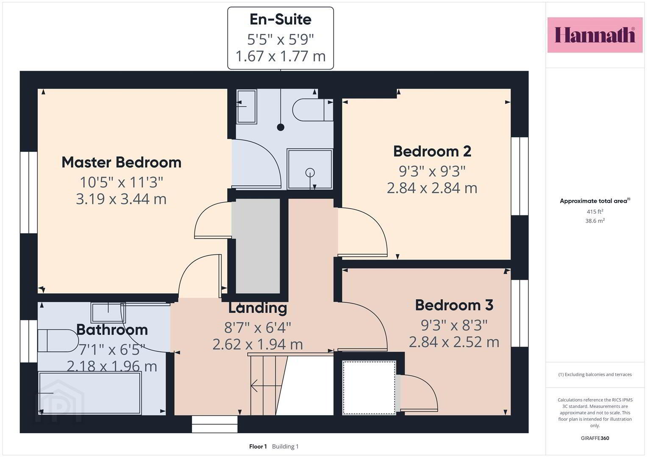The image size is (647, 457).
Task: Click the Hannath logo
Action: click(x=595, y=35)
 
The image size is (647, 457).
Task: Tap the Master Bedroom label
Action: click(x=121, y=162)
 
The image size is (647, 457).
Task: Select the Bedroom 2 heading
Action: click(x=432, y=151)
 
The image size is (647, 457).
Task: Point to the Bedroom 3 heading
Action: click(x=454, y=305)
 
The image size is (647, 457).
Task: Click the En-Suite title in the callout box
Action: click(x=280, y=19)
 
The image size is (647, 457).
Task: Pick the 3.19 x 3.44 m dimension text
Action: click(x=121, y=199)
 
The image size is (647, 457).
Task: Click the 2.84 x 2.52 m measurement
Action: click(x=454, y=342)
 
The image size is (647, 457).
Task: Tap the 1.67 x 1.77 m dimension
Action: click(x=280, y=56)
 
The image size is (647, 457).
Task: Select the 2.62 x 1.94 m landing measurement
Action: click(x=258, y=344)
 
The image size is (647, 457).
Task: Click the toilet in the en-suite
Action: click(x=313, y=110)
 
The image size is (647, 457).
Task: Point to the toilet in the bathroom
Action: click(x=58, y=341)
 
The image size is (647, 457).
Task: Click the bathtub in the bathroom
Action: click(x=90, y=393)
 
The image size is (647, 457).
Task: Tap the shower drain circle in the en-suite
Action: click(x=310, y=173)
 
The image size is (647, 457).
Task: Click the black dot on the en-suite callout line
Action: click(x=280, y=127)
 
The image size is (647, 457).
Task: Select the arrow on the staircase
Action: click(x=266, y=385)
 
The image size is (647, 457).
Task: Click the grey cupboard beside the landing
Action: click(x=258, y=246)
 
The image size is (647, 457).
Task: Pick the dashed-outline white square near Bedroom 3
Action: click(x=369, y=388)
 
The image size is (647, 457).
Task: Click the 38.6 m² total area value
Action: click(x=595, y=221)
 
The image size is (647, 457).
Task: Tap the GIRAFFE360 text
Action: click(x=595, y=438)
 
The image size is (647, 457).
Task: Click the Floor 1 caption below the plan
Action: click(x=258, y=446)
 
